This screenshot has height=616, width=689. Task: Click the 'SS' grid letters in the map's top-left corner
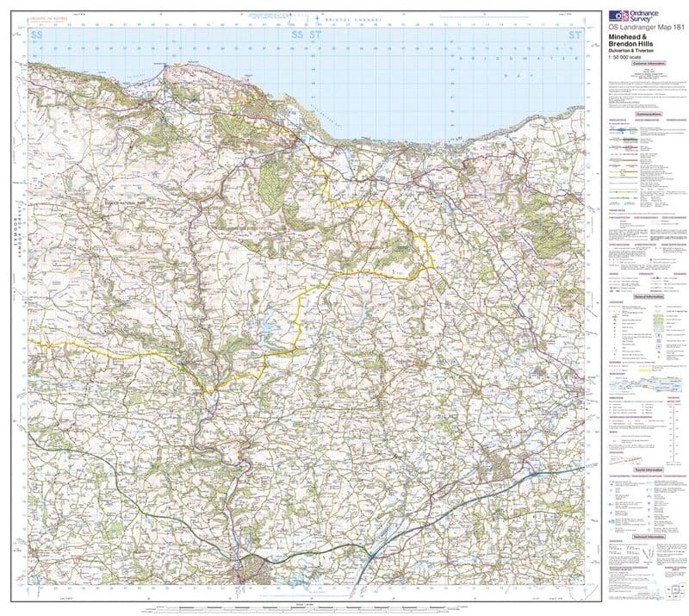36,35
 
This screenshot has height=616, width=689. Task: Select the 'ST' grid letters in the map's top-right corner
576,35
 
